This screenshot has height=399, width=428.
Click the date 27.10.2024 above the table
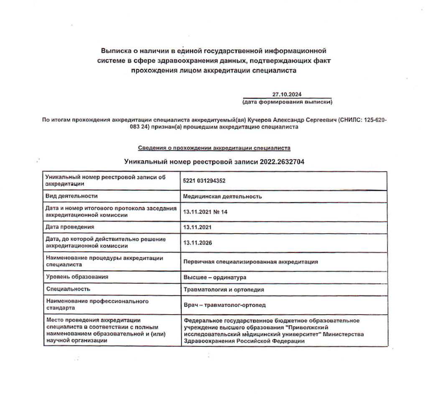coord(287,94)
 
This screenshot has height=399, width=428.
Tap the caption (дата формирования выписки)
coord(287,101)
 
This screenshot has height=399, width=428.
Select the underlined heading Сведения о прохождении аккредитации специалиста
coord(214,148)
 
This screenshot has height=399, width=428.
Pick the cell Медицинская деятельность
coord(222,196)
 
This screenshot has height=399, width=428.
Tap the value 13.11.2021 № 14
coord(205,212)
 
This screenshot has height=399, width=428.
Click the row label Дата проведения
coord(70,227)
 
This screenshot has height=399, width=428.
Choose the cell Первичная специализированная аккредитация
coord(251,262)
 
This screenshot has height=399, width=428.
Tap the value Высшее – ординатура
coord(215,277)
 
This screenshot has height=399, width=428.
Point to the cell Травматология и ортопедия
coord(224,289)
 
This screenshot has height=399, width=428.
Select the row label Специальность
coord(68,289)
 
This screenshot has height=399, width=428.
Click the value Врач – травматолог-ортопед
coord(224,305)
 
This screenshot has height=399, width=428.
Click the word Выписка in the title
coord(117,51)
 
